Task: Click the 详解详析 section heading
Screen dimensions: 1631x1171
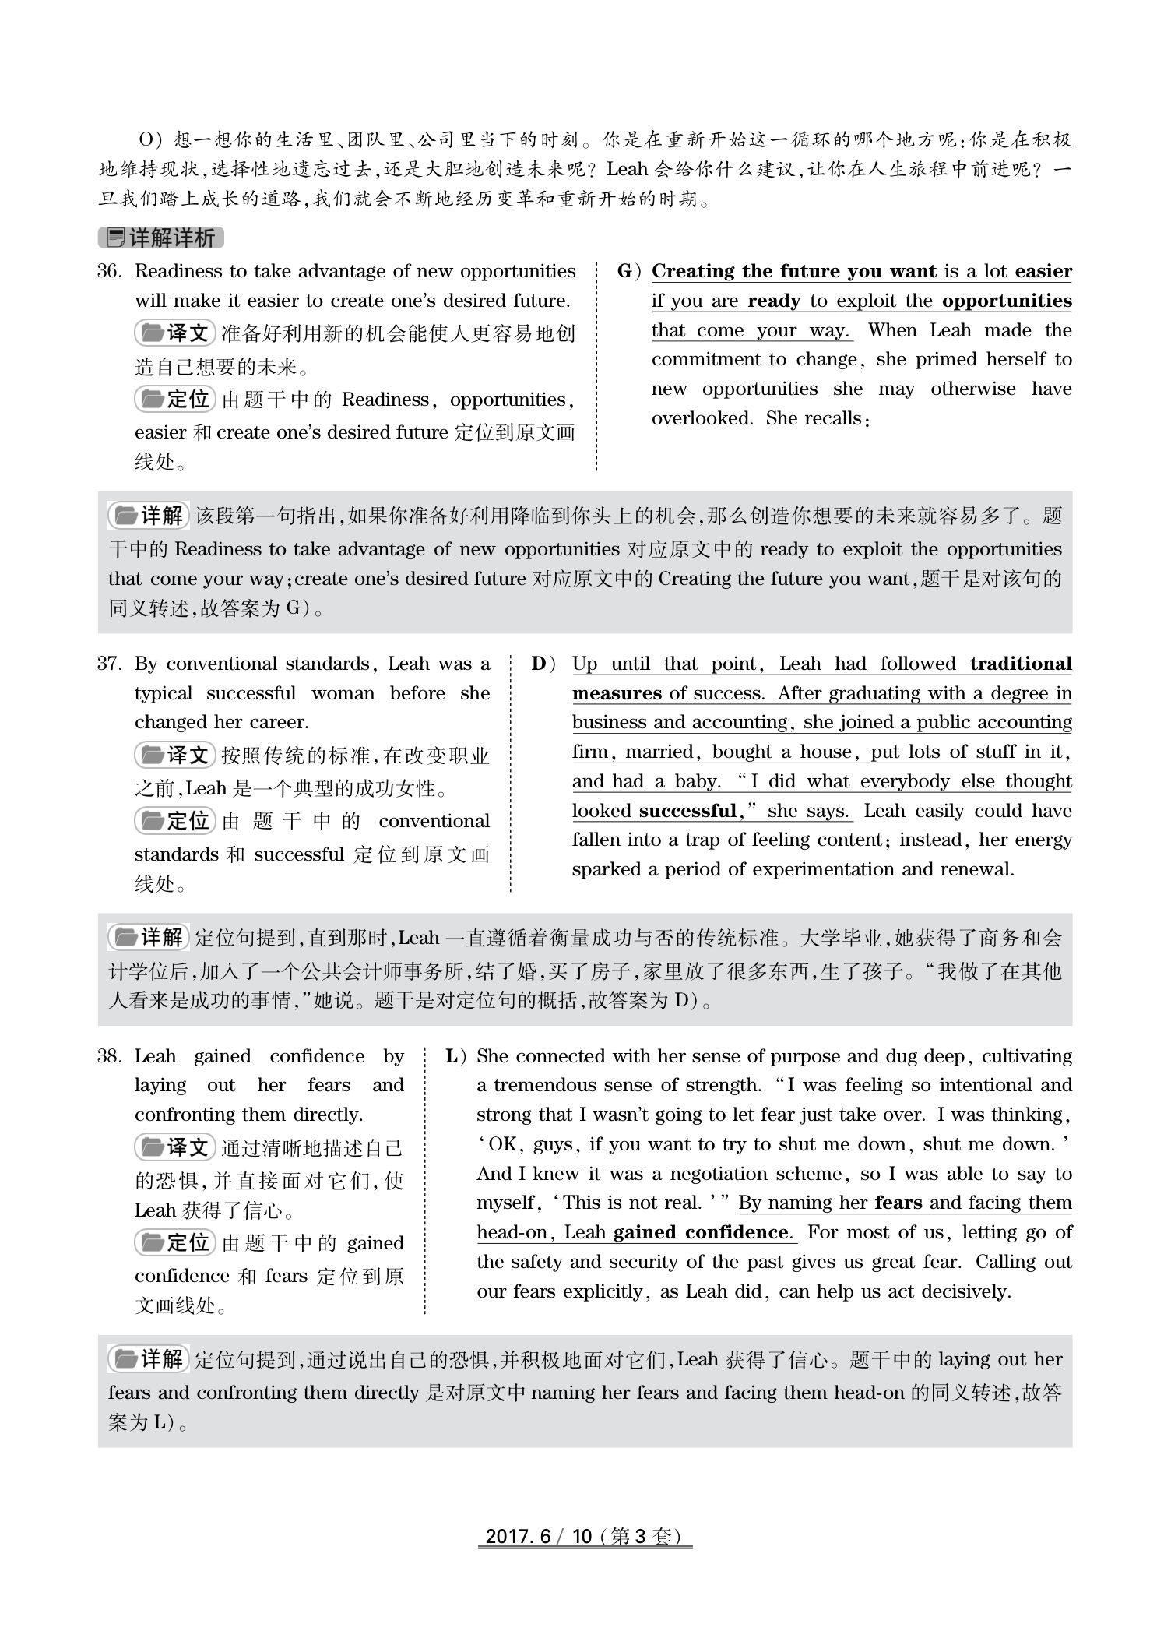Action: coord(161,238)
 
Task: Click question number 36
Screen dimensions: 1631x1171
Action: coord(110,272)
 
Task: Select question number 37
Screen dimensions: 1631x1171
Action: coord(110,664)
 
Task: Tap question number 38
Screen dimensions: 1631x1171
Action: coord(110,1057)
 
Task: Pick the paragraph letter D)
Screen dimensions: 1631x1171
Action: coord(544,664)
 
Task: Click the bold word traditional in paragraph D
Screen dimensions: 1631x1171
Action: coord(1020,664)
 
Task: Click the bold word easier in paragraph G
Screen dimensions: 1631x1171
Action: coord(1043,272)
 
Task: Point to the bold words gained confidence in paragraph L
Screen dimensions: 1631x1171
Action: coord(702,1233)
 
